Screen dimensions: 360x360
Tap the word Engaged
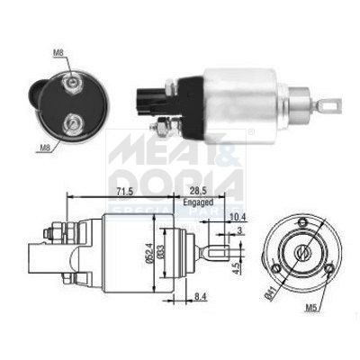coord(200,202)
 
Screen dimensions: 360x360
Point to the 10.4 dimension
coord(237,219)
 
